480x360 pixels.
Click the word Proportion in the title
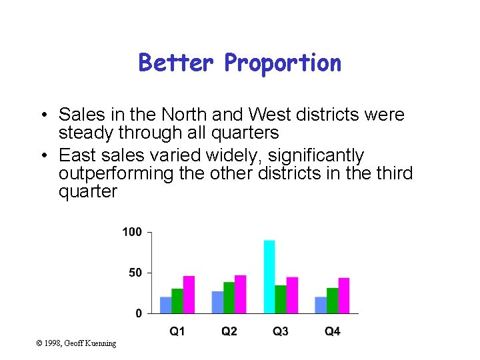click(x=283, y=63)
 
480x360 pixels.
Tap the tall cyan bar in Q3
click(x=269, y=276)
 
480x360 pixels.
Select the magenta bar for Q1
click(x=189, y=294)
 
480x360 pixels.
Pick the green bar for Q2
click(x=229, y=297)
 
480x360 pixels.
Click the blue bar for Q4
click(x=321, y=305)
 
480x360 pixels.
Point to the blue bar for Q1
click(x=166, y=305)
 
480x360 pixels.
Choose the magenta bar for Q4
click(x=343, y=295)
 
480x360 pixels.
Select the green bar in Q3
click(x=281, y=299)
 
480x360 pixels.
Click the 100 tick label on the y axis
click(x=132, y=232)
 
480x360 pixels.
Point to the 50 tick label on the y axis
click(x=135, y=273)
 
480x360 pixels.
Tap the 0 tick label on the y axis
click(x=139, y=313)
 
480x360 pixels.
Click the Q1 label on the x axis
click(x=177, y=331)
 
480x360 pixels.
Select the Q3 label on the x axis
click(x=281, y=331)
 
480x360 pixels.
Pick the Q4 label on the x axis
click(x=332, y=331)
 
